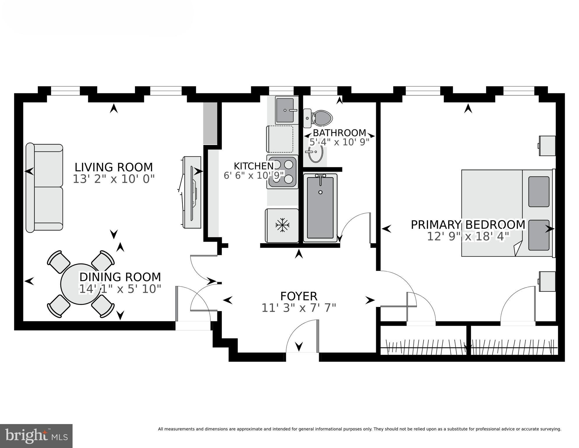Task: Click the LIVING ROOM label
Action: point(114,167)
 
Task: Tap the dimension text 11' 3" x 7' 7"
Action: point(299,308)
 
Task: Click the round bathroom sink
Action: point(316,153)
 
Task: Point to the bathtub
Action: point(320,208)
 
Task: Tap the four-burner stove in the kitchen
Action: point(282,172)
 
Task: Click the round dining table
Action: point(77,283)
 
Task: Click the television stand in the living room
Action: point(192,192)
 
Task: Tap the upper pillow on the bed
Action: point(538,191)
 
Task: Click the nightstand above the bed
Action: point(547,146)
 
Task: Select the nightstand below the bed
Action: point(547,281)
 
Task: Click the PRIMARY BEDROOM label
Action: point(468,225)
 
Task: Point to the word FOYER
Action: point(299,296)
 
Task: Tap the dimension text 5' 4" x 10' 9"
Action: point(339,142)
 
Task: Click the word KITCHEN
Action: point(254,166)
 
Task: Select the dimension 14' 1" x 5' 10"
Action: point(120,289)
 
